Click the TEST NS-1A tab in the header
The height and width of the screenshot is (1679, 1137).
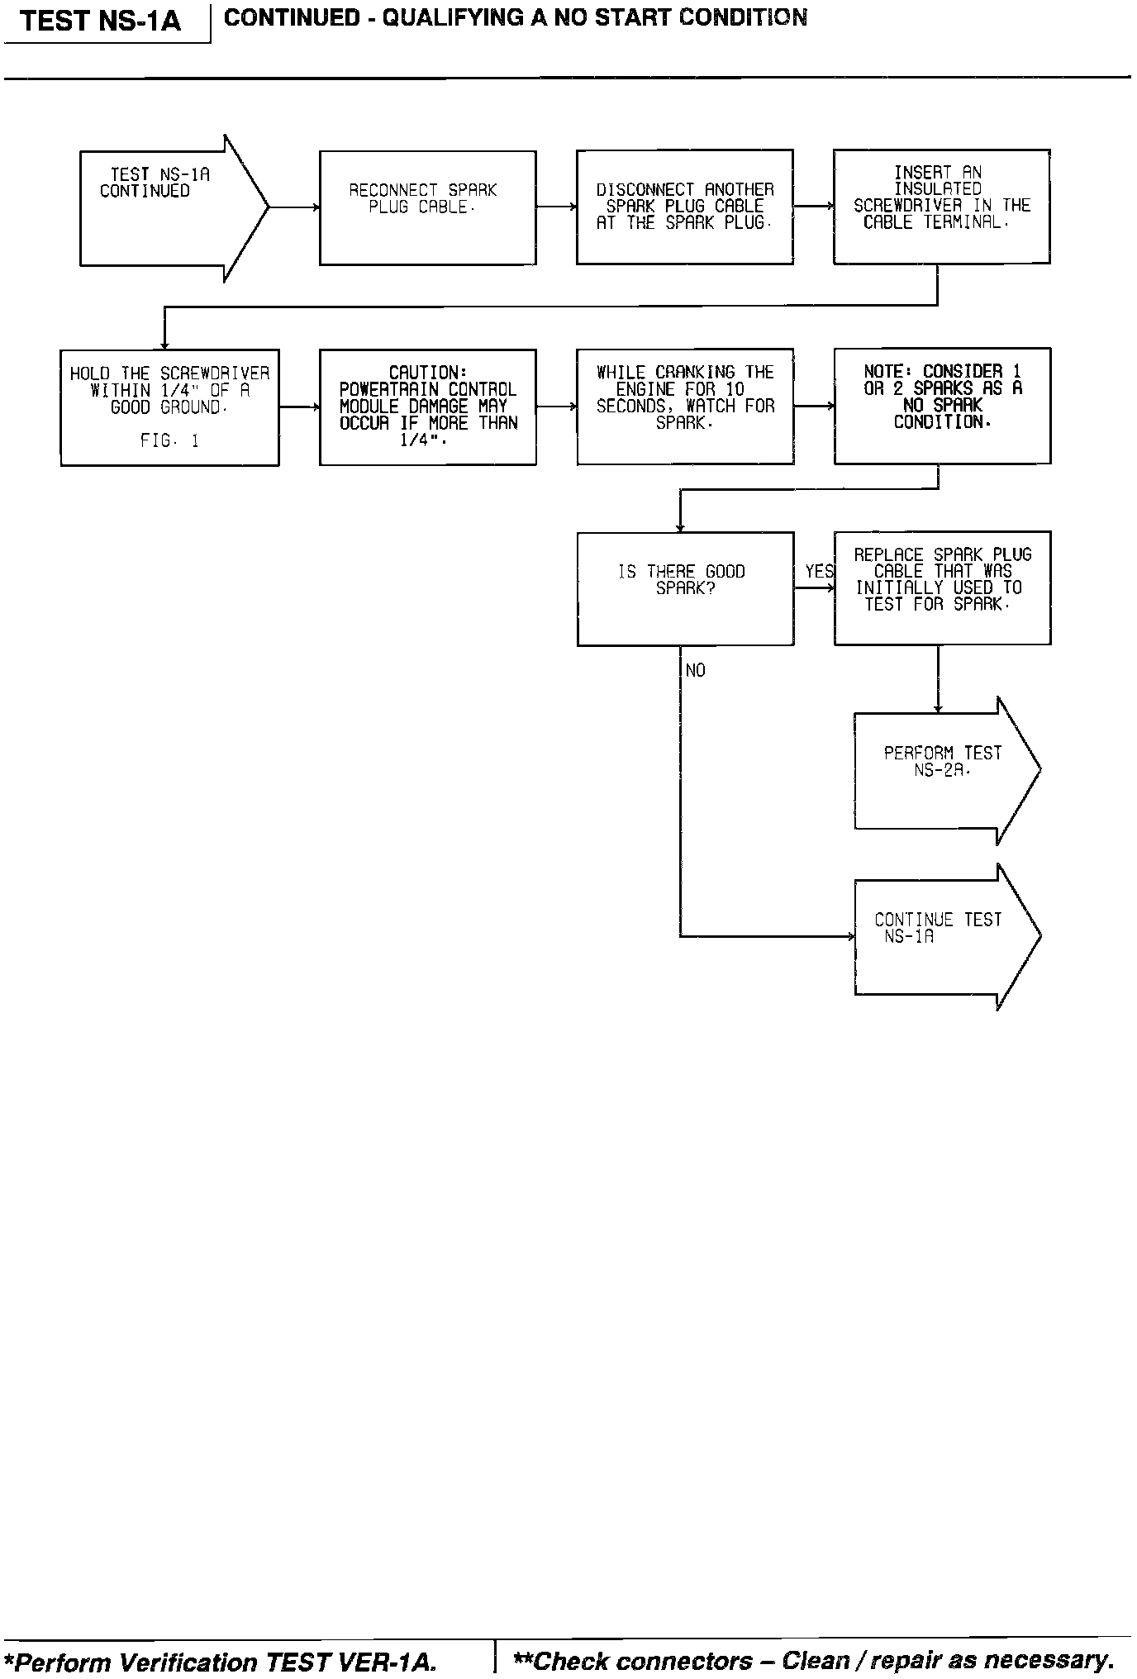[x=100, y=21]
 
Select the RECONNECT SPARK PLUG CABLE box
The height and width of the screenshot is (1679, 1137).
[x=427, y=207]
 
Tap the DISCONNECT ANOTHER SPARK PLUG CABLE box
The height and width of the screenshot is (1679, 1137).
[x=684, y=207]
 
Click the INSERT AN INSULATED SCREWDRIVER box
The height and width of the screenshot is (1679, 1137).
[x=941, y=207]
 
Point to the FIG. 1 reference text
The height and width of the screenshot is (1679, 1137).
[x=169, y=441]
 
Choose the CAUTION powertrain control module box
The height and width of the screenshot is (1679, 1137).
[x=427, y=407]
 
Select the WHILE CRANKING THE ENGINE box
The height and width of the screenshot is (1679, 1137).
[x=685, y=406]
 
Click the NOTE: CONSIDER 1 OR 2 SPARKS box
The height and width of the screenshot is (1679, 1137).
[x=942, y=406]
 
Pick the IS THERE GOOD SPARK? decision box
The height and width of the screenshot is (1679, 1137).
[x=685, y=588]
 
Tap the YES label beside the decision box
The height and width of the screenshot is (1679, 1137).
[x=819, y=572]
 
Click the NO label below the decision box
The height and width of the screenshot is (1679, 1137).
[x=696, y=671]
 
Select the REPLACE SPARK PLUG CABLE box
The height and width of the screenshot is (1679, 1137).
[x=942, y=587]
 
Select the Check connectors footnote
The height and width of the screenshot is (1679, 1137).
[x=813, y=1660]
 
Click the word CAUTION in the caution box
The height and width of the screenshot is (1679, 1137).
[x=427, y=373]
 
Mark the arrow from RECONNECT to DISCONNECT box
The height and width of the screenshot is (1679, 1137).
[x=556, y=207]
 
